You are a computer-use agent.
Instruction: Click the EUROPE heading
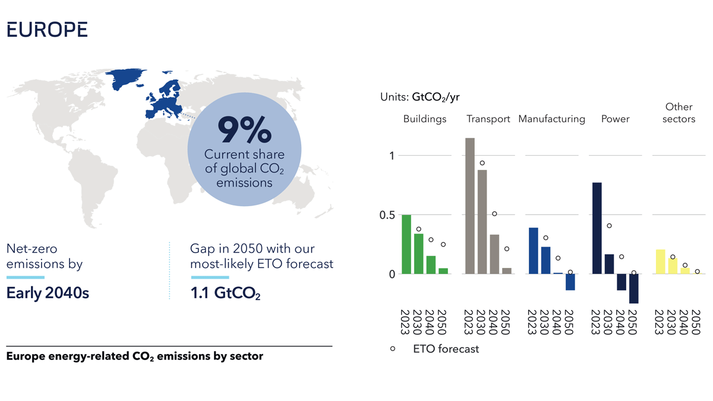click(x=47, y=30)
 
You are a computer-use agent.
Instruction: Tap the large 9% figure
click(x=244, y=131)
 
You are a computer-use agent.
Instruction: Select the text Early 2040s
click(x=48, y=293)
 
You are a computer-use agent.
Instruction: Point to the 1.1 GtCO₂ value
click(x=225, y=293)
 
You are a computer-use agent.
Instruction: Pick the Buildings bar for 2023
click(x=406, y=244)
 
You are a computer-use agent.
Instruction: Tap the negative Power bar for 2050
click(x=633, y=289)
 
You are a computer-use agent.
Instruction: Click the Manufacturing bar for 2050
click(x=570, y=282)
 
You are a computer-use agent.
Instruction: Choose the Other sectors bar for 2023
click(x=660, y=262)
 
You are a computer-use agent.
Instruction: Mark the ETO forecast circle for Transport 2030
click(x=482, y=163)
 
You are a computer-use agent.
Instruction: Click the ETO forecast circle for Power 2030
click(x=609, y=226)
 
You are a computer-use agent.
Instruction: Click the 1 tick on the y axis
click(x=392, y=156)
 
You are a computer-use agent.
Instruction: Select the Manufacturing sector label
click(x=551, y=119)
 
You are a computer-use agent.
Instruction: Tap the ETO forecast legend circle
click(x=393, y=349)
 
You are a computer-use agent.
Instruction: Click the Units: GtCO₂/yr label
click(x=419, y=97)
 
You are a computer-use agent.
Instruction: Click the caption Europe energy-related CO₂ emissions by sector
click(x=134, y=356)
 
